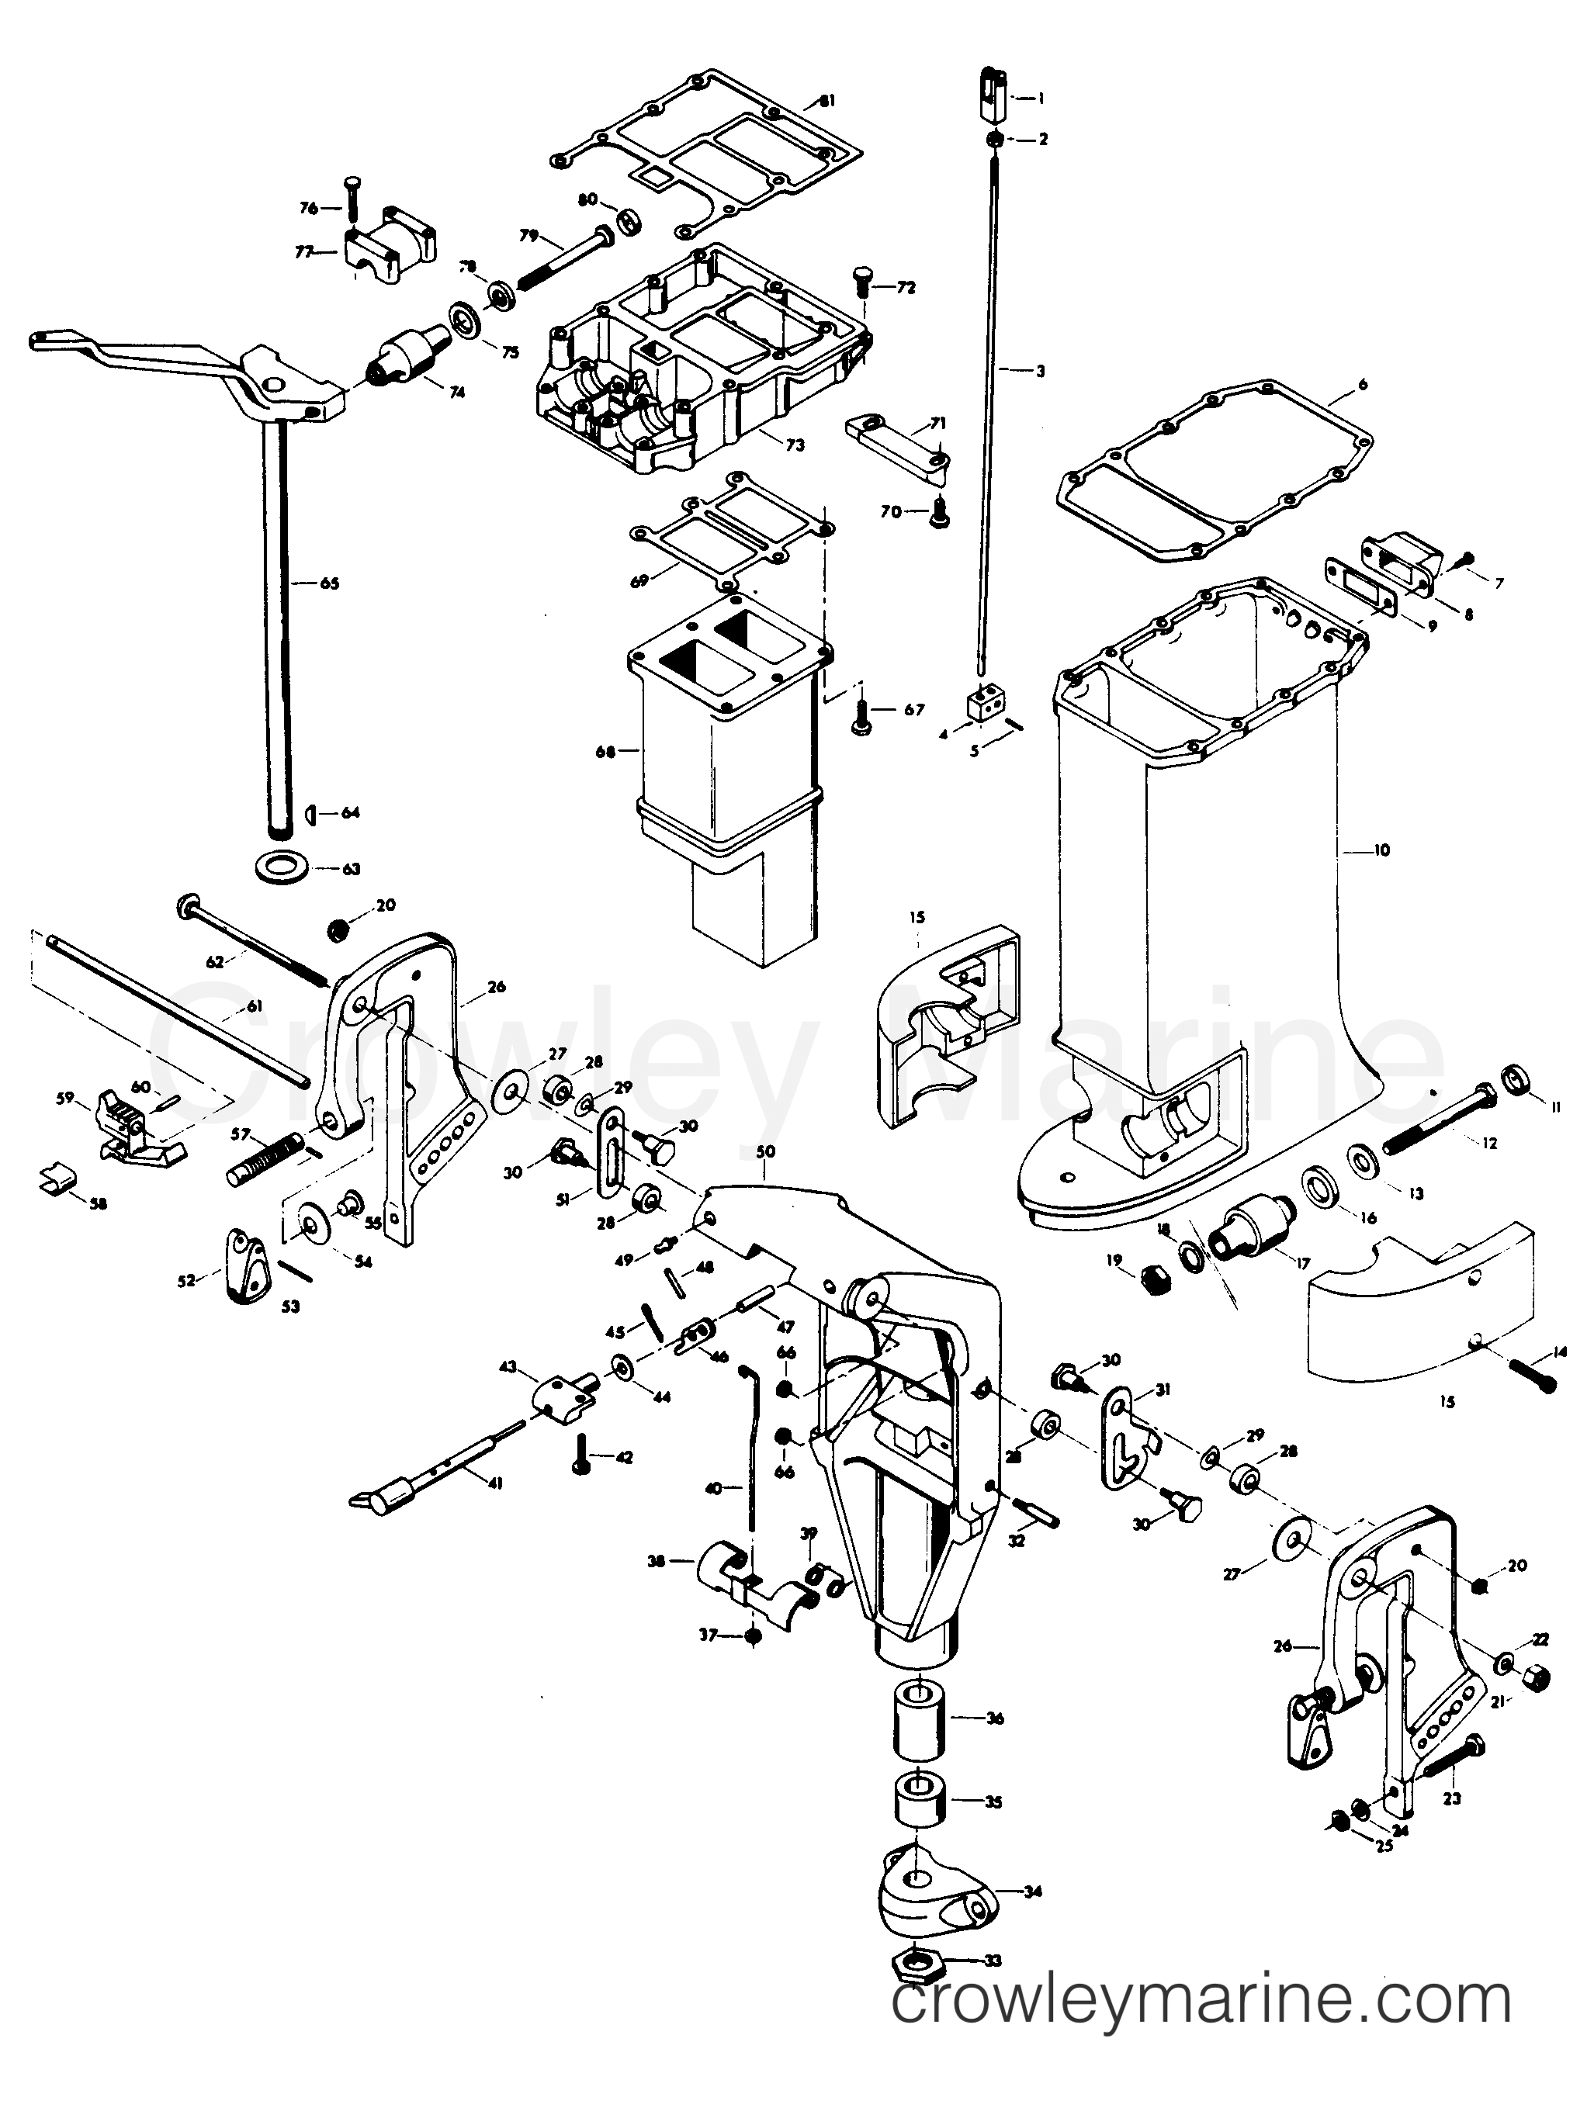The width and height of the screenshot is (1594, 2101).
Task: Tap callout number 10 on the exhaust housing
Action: pos(1382,850)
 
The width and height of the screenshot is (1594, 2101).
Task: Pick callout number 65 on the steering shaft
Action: pos(329,583)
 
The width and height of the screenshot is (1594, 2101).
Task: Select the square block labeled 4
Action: pos(983,707)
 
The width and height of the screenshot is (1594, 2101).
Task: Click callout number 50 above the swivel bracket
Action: pos(766,1151)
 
